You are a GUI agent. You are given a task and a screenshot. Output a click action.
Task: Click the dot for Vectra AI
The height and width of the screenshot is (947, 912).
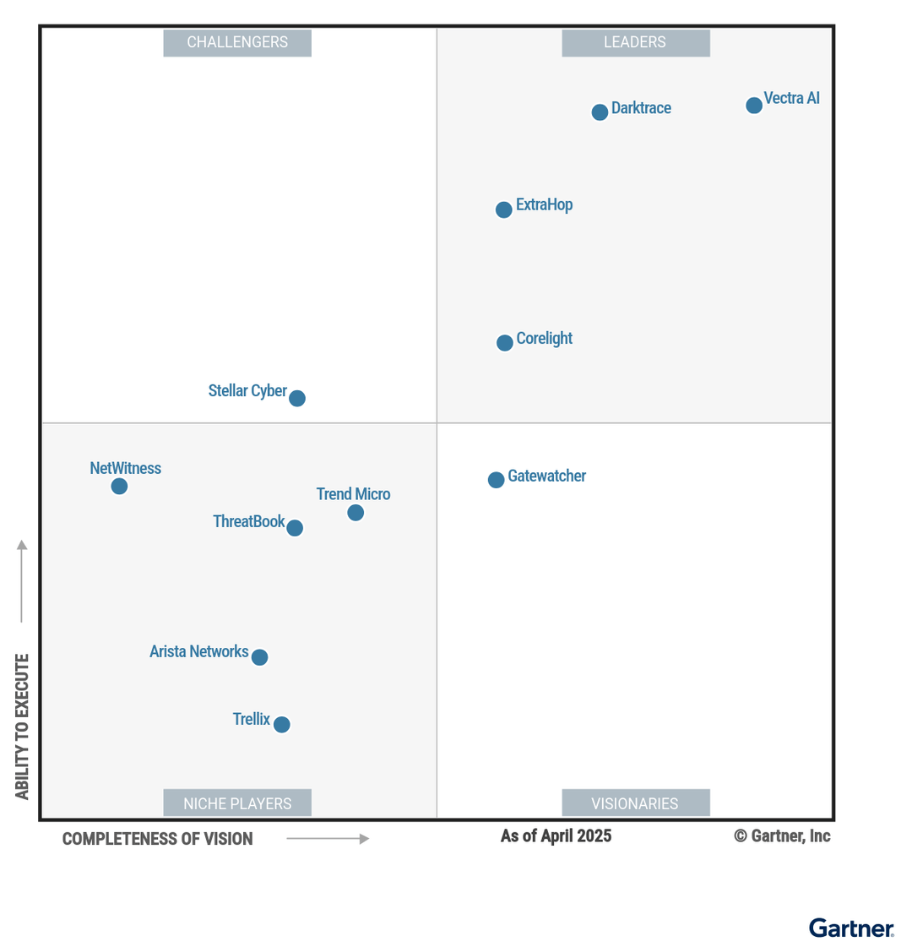point(754,106)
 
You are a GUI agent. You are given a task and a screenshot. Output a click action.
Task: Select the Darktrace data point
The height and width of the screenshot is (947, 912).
point(600,112)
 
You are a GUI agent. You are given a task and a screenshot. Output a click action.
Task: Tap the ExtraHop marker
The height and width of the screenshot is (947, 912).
point(504,210)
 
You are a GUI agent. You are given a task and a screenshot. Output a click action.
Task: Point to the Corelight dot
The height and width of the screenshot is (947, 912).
point(505,343)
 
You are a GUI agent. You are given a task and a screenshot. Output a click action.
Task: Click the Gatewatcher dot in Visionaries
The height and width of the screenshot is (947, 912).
point(497,480)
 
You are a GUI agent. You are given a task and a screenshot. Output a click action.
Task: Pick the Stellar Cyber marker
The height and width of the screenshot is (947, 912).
point(297,398)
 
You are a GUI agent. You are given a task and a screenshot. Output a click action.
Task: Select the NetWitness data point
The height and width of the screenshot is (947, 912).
point(120,487)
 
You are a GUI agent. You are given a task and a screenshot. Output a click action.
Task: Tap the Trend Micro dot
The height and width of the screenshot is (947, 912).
point(356,513)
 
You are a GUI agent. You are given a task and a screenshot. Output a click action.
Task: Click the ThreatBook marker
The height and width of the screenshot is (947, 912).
point(295,528)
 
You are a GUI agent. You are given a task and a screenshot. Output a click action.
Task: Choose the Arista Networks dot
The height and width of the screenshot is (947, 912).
point(260,657)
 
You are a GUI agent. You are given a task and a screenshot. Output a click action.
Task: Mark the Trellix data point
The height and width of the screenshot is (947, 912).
point(282,725)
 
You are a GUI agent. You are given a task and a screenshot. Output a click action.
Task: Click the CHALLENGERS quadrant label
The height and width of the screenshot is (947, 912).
point(237,43)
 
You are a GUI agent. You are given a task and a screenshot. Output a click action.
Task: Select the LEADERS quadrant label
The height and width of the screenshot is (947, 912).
point(635,43)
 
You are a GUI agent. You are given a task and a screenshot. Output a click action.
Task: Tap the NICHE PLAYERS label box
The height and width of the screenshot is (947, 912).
point(237,803)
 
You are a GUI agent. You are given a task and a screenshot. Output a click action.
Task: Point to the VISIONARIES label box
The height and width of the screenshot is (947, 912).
point(635,803)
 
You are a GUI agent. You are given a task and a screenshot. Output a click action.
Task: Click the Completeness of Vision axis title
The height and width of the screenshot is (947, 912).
point(158,839)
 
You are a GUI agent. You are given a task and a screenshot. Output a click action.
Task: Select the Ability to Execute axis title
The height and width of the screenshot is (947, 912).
point(22,727)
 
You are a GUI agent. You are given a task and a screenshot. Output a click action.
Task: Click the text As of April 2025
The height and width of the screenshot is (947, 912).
point(556,836)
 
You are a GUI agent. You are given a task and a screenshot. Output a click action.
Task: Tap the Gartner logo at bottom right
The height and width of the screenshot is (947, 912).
point(851,928)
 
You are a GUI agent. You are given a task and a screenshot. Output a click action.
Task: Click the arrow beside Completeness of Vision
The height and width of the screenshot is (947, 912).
point(328,839)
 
